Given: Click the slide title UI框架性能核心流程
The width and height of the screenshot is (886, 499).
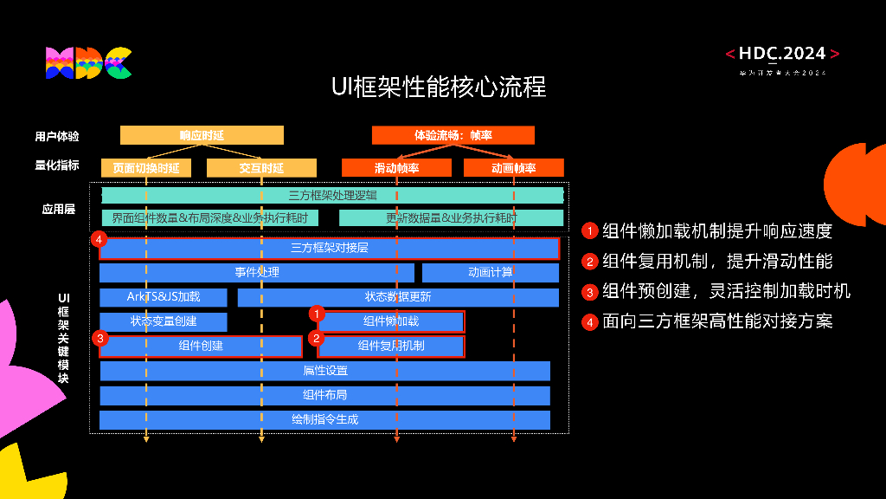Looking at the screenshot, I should click(x=439, y=87).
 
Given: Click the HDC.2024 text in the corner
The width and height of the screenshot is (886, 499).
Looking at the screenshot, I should click(x=782, y=55).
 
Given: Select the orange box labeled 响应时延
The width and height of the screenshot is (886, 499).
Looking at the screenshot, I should click(x=202, y=135).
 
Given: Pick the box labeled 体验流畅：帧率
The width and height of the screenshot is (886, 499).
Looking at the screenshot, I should click(x=453, y=135).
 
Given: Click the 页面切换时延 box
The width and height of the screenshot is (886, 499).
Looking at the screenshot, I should click(x=145, y=168).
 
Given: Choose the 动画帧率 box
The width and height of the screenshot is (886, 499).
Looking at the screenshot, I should click(x=513, y=168).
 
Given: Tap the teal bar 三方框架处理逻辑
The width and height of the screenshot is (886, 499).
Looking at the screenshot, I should click(x=332, y=196).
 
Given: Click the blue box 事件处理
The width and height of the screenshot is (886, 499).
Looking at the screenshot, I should click(x=257, y=273).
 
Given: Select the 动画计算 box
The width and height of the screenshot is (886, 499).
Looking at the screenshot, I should click(x=491, y=273).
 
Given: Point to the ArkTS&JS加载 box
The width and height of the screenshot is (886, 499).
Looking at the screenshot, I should click(x=164, y=297).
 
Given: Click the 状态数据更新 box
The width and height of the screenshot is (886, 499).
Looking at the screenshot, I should click(x=398, y=297).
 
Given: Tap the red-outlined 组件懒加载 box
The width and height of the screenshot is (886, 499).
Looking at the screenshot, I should click(x=391, y=322).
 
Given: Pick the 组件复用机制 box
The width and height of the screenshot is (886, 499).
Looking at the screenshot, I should click(x=391, y=347).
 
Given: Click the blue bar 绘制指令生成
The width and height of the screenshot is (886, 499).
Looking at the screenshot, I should click(x=324, y=420).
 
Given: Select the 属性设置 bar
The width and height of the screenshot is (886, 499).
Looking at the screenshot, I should click(x=324, y=371).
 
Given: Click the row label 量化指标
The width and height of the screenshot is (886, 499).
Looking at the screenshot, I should click(x=57, y=165).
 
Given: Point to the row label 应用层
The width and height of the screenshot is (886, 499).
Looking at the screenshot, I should click(x=59, y=209).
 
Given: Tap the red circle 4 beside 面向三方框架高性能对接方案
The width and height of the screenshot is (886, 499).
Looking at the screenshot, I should click(x=590, y=322).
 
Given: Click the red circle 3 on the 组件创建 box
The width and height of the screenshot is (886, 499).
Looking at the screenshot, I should click(x=101, y=339).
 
